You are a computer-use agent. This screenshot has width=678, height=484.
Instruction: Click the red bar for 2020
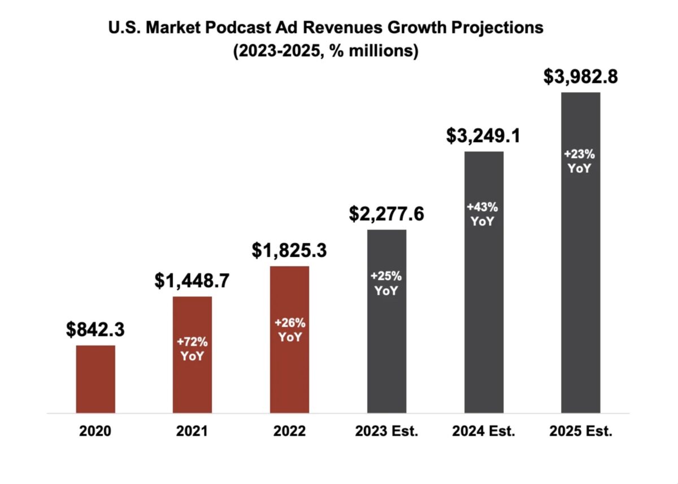pos(95,379)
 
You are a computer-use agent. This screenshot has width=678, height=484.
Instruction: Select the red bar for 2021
pos(193,355)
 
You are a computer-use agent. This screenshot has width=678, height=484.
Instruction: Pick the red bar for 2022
pos(290,340)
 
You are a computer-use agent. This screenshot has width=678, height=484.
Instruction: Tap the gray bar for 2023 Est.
pos(387,321)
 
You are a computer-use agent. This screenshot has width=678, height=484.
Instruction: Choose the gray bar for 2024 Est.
pos(484,282)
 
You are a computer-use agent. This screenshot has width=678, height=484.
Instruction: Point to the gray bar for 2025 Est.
pos(581,252)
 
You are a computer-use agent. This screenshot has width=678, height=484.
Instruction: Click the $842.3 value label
pos(95,329)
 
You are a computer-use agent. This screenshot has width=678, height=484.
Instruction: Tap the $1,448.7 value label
pos(192,281)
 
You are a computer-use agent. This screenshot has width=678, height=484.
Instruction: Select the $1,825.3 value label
pos(289,250)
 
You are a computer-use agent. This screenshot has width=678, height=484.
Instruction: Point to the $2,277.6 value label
pos(386,213)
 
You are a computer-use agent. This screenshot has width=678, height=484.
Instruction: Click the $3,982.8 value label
pos(581,76)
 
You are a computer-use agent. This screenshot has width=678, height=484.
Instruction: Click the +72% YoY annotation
pos(193,349)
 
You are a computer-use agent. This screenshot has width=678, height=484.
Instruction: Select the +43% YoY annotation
pos(483,214)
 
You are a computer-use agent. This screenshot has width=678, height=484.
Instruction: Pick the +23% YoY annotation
pos(580,161)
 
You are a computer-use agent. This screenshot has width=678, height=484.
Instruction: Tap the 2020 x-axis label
pos(95,431)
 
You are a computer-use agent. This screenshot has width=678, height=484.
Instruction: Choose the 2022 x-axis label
pos(289,431)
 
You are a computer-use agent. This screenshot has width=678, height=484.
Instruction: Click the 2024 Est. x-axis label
pos(484,431)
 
